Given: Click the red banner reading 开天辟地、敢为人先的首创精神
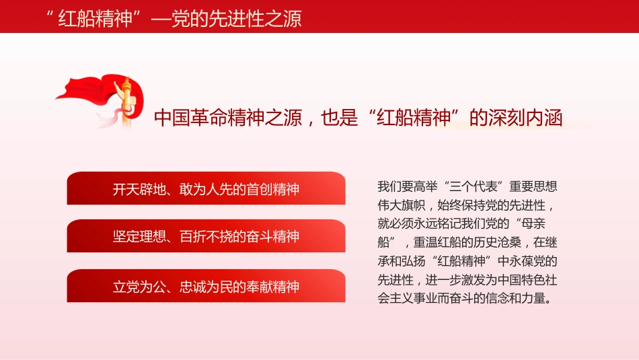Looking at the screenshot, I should (206, 188).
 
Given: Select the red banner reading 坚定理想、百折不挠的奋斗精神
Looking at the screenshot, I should (206, 236).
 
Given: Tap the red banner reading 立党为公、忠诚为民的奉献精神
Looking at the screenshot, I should (206, 287).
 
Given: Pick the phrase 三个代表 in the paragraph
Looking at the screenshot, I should (472, 186).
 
